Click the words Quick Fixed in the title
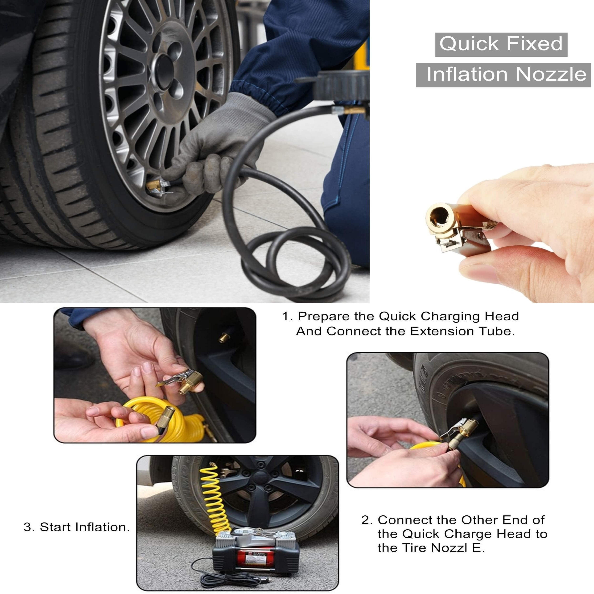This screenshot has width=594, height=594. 501,44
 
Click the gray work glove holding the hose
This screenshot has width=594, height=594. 215,148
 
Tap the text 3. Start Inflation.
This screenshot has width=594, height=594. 77,527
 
